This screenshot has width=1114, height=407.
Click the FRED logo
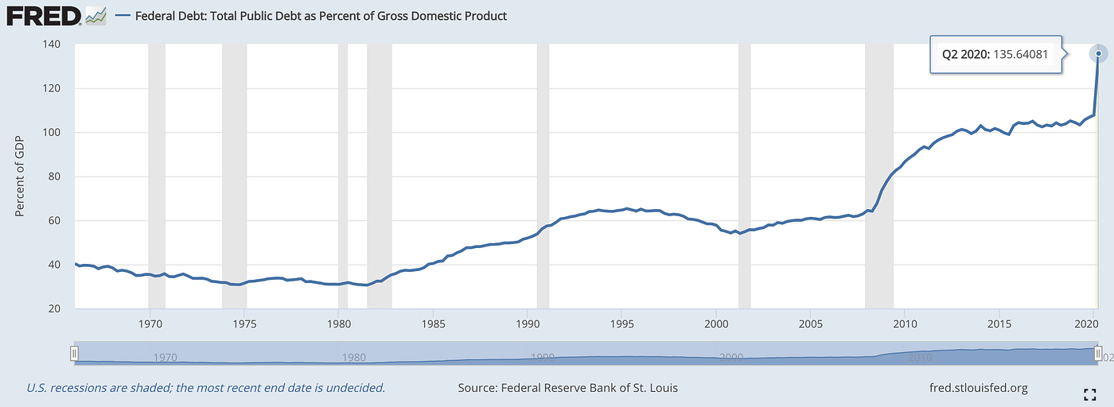pos(44,17)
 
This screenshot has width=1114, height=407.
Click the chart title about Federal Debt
pos(321,16)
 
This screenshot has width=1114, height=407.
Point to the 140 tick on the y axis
pos(51,45)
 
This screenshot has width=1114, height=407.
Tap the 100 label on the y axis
pos(51,132)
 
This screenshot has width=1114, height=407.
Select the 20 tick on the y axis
pos(54,308)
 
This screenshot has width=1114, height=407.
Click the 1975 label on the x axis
pos(244,324)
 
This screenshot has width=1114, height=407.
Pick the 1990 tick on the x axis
pos(528,324)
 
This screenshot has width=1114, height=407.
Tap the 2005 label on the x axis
pos(811,324)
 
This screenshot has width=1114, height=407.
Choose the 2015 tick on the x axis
pos(999,324)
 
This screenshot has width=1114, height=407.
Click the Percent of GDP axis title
pos(19,176)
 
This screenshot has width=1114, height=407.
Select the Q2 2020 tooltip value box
pos(995,54)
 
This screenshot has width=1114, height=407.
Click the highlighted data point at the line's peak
pos(1099,54)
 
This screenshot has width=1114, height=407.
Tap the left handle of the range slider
pos(74,353)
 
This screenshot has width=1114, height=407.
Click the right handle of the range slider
pos(1098,353)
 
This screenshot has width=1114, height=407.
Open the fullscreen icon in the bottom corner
pos(1089,394)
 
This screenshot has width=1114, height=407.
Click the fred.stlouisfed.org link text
pos(978,388)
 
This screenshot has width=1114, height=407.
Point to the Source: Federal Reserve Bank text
pos(567,388)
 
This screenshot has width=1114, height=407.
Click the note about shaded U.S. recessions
pos(206,388)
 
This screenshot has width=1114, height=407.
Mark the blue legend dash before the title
pos(123,16)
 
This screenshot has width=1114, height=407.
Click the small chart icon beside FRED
pos(95,16)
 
